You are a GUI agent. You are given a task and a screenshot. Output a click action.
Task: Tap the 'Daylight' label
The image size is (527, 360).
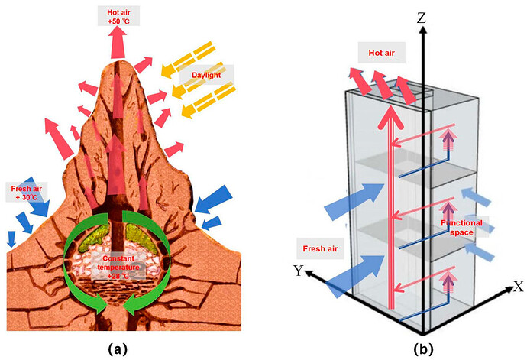[x=205, y=76]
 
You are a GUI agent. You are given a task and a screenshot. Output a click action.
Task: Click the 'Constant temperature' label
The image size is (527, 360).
[x=117, y=264]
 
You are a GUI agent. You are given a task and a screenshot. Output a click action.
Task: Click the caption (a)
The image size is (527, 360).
[x=117, y=349]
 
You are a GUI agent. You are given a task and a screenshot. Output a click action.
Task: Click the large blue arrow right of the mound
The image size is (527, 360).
[x=212, y=200]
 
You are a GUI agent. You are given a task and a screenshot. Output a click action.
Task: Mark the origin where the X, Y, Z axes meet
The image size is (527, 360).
[x=422, y=335]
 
